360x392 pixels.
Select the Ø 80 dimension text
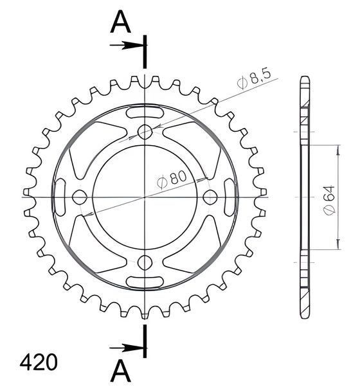coord(172,179)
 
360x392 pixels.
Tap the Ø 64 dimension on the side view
coord(329,199)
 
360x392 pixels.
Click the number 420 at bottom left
coord(39,362)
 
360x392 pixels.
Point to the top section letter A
coord(120,22)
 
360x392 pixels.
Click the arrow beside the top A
coord(127,45)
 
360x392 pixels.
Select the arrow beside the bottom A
coord(127,348)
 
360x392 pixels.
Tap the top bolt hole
coord(145,131)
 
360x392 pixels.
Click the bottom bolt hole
coord(145,262)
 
